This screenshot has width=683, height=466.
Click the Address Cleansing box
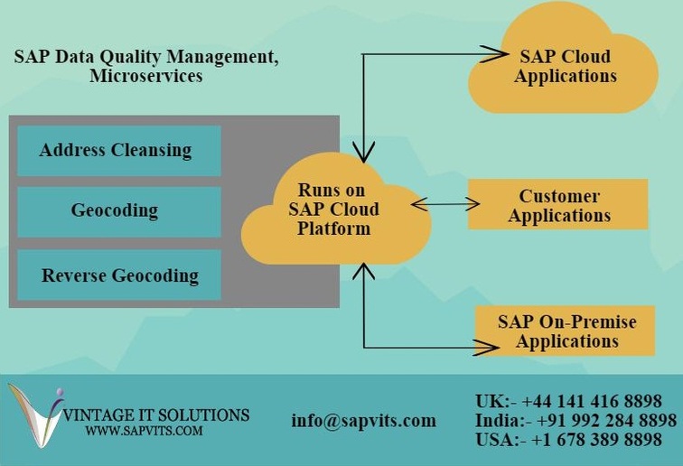tap(119, 151)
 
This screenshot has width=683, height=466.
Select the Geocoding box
tap(119, 212)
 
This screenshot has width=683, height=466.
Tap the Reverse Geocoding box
tap(119, 275)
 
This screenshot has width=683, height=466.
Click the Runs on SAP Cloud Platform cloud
tap(336, 210)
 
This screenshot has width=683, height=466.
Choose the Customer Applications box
tap(558, 204)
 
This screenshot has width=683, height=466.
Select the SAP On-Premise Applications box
tap(565, 331)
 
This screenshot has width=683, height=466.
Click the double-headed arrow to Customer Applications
tap(445, 204)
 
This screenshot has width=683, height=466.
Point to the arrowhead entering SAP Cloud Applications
tap(494, 54)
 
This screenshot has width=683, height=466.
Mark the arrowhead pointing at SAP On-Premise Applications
tap(487, 348)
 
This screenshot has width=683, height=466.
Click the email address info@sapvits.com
tap(364, 421)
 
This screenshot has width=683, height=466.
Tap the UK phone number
tap(592, 401)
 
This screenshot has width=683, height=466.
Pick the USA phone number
tap(596, 440)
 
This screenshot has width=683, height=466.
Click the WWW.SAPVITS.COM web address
tap(145, 431)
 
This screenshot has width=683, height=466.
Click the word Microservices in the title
tap(146, 76)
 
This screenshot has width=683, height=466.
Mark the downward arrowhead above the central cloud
tap(363, 152)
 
